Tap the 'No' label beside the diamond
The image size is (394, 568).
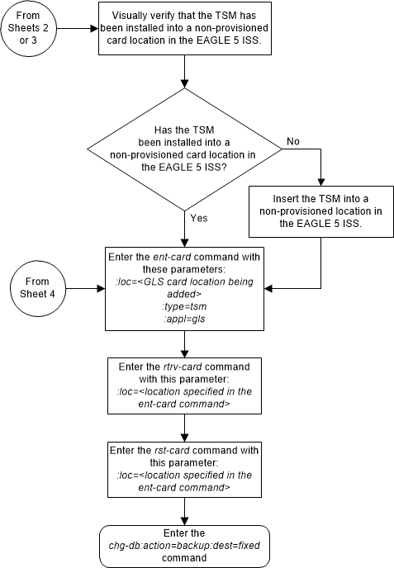pos(292,141)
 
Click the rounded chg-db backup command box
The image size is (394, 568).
pos(184,545)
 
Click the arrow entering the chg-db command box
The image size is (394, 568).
pos(184,511)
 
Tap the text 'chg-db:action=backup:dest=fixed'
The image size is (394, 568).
pos(184,546)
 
